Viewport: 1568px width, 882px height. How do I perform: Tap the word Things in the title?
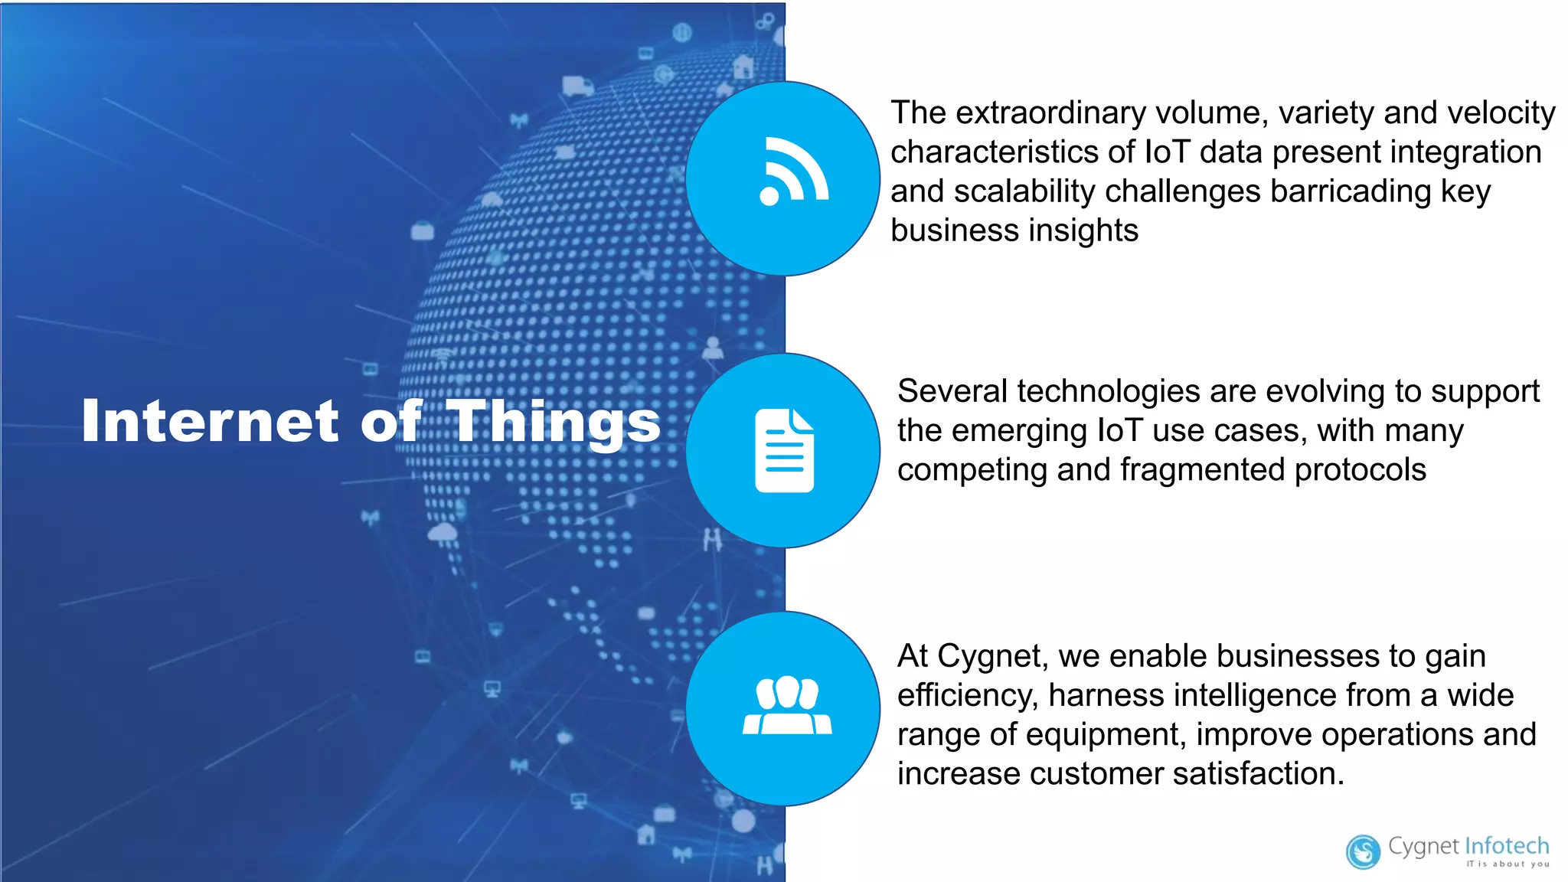click(553, 422)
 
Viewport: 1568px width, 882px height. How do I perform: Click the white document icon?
click(784, 451)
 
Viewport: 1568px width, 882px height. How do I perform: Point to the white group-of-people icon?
click(786, 705)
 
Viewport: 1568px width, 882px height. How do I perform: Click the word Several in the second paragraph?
click(952, 391)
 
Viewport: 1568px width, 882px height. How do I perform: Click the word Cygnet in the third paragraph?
click(991, 656)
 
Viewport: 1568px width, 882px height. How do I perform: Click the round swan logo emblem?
click(1363, 852)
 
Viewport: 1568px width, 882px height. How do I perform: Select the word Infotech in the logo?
click(1506, 846)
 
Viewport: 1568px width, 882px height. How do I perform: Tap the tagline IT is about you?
click(1507, 864)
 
